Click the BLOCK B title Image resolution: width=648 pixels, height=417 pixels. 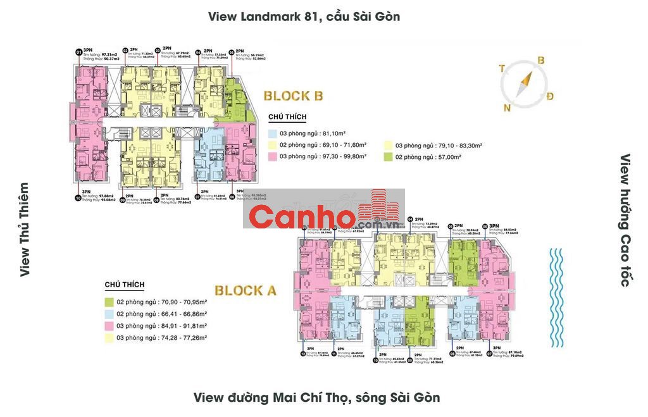click(293, 96)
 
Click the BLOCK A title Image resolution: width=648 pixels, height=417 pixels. click(246, 291)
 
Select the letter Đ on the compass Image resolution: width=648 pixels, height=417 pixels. click(550, 96)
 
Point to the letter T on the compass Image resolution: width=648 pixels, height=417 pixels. click(501, 68)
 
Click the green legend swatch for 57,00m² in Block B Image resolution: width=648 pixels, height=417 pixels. click(388, 156)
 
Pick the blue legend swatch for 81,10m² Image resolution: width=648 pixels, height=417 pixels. click(273, 134)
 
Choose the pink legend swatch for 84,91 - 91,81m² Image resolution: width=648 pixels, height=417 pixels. click(109, 326)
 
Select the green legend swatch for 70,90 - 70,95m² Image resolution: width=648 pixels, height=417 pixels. click(109, 302)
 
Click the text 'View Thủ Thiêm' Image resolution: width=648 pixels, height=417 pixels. click(24, 230)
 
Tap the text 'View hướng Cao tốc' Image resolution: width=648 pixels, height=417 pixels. click(625, 220)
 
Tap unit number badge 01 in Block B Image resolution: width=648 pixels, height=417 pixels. click(78, 52)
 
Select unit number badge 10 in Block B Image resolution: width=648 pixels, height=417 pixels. click(78, 197)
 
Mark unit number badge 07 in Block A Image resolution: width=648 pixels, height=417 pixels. click(489, 354)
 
